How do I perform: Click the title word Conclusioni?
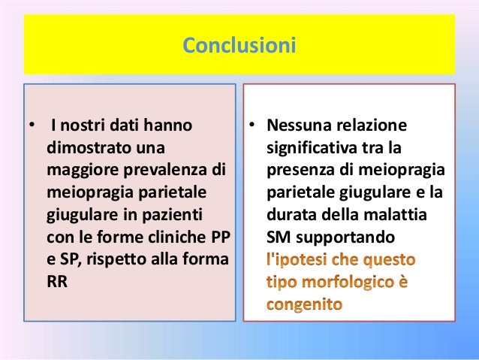(x=239, y=47)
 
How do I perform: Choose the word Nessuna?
(x=298, y=124)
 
